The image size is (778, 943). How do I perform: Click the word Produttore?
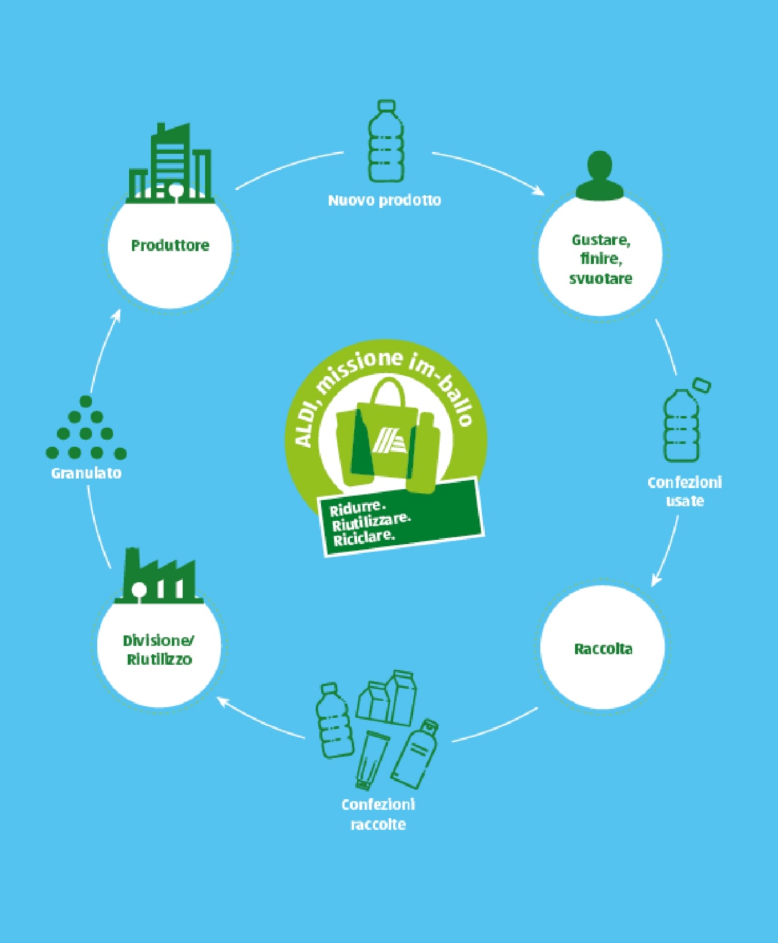tap(170, 246)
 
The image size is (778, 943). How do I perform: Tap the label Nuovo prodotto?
tap(384, 200)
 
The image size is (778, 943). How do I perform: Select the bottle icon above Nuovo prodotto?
tap(386, 141)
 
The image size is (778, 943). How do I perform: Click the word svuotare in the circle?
tap(601, 278)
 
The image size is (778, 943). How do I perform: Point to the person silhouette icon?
tap(600, 175)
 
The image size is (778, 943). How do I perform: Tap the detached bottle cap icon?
tap(702, 385)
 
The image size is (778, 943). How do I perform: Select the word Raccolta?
tap(603, 649)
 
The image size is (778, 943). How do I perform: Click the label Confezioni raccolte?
tap(378, 814)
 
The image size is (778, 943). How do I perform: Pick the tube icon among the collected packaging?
tap(372, 760)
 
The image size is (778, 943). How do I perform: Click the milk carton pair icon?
tap(386, 698)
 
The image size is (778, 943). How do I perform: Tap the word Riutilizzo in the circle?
tap(160, 660)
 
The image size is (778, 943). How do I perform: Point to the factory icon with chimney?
tap(159, 576)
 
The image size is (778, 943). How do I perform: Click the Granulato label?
tap(86, 473)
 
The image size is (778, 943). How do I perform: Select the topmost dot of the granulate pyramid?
tap(86, 401)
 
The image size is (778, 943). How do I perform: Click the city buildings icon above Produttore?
tap(170, 163)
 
